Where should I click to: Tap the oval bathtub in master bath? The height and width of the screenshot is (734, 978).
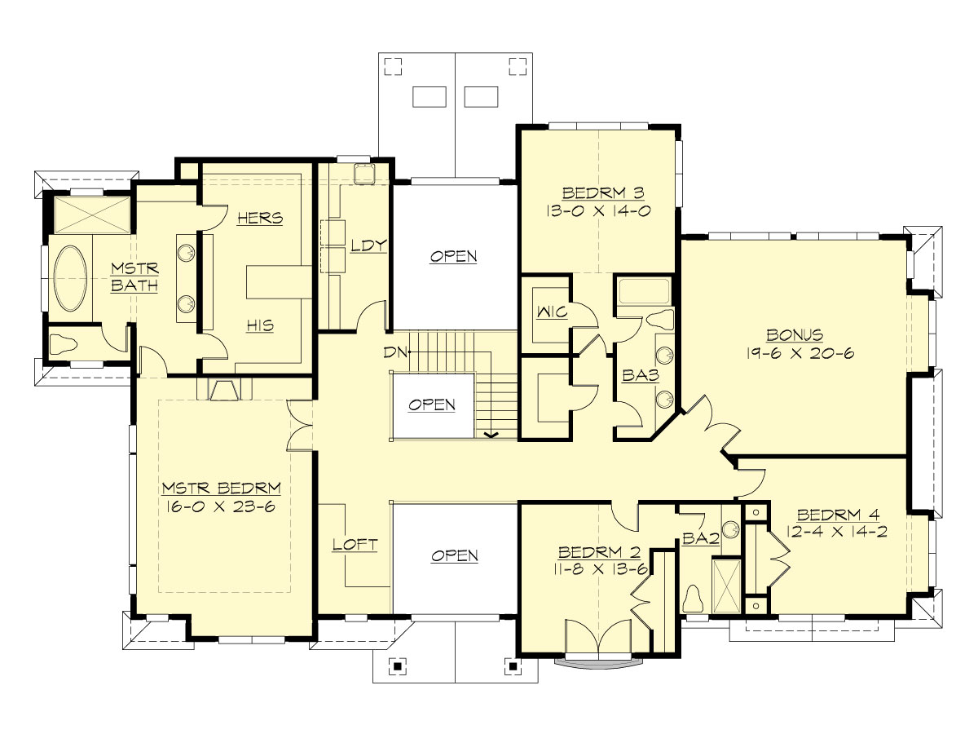tap(72, 277)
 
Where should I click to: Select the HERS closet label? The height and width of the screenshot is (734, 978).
tap(259, 218)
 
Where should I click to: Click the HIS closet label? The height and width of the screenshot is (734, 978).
tap(260, 325)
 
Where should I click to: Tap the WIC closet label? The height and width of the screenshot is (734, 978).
tap(546, 312)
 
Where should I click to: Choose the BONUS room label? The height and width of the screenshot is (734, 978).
tap(794, 335)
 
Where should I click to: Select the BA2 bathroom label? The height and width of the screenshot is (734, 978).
tap(700, 539)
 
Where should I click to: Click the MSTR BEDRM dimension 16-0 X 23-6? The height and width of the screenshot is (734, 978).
tap(221, 506)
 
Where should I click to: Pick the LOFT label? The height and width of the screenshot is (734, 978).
tap(355, 544)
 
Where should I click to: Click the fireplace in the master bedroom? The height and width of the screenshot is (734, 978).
tap(224, 390)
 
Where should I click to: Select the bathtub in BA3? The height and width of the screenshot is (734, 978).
tap(644, 291)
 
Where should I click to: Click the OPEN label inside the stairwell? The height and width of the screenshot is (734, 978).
tap(432, 405)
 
